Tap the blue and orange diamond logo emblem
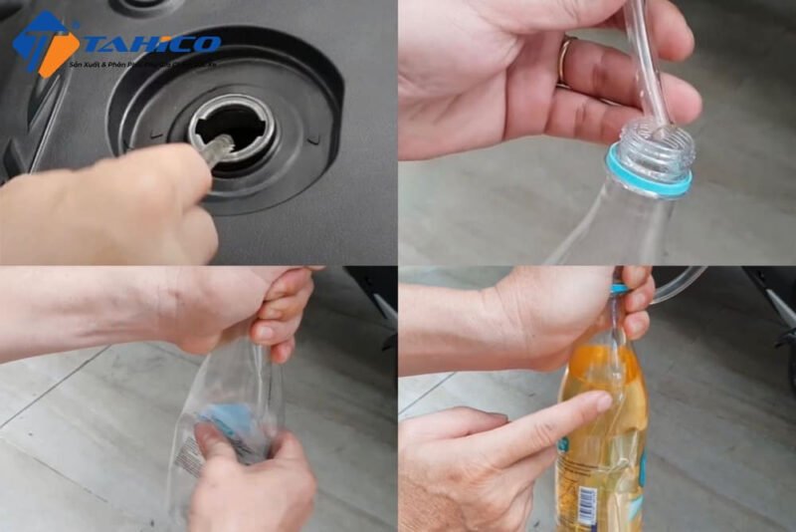45,43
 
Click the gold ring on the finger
565,61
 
